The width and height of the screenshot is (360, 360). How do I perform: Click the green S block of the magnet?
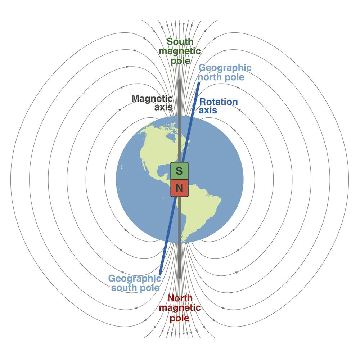click(179, 171)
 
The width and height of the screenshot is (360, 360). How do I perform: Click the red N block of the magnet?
click(179, 188)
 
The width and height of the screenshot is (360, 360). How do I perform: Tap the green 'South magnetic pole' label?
click(180, 51)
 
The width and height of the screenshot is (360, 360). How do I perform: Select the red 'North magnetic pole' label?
click(180, 308)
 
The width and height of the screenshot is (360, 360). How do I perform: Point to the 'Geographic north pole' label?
click(225, 72)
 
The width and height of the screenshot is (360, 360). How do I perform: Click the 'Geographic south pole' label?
click(135, 283)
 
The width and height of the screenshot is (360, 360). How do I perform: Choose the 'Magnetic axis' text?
click(152, 103)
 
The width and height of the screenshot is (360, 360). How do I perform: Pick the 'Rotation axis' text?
click(218, 106)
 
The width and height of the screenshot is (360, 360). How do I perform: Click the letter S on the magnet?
click(179, 171)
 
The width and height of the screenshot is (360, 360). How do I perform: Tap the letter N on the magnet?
click(179, 188)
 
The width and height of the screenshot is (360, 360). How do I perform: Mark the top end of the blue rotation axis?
click(199, 83)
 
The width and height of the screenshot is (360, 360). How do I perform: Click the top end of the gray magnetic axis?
click(179, 80)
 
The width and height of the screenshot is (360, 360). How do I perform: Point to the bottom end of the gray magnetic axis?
click(179, 278)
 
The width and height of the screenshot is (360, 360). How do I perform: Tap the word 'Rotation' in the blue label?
click(219, 102)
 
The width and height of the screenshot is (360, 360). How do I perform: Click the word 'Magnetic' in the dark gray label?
click(152, 99)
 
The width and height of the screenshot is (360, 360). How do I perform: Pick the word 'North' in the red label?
click(180, 298)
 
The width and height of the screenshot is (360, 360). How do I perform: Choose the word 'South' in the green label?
click(180, 41)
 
